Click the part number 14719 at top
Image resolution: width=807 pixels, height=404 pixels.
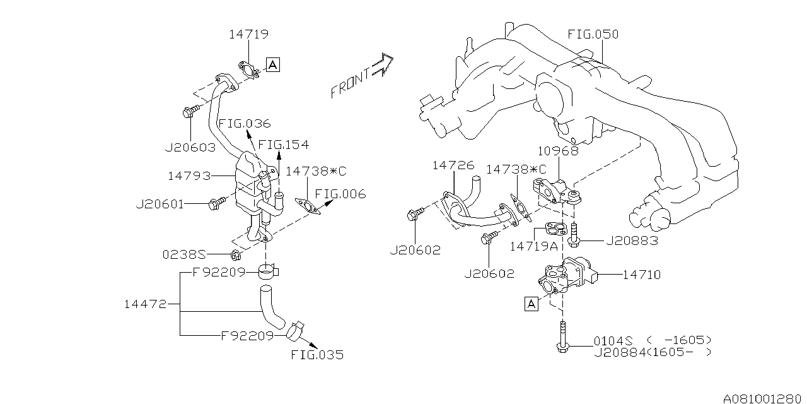(249, 36)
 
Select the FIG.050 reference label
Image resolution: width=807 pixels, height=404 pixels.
(593, 34)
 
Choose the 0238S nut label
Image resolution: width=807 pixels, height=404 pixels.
(185, 254)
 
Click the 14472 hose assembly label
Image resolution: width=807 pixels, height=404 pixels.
(145, 304)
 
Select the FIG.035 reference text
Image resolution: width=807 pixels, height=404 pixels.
(317, 355)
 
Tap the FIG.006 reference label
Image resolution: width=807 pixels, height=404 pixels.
(340, 194)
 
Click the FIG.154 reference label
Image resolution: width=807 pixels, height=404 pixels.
(284, 145)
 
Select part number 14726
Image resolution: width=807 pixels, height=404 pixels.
(453, 165)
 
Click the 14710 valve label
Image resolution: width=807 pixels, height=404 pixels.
(642, 275)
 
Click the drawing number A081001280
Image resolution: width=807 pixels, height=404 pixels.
(763, 398)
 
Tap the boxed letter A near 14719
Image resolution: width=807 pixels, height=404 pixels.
(272, 64)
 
